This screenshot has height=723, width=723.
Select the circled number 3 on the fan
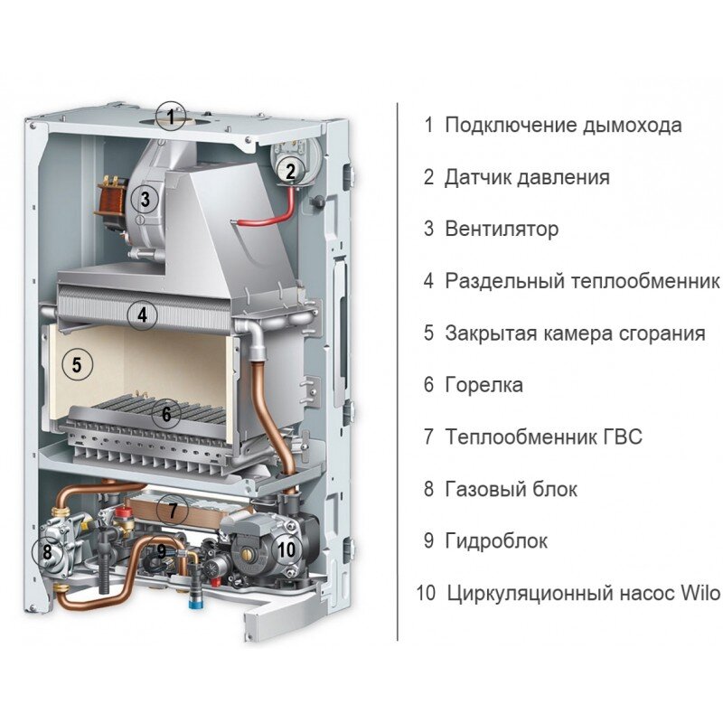click(145, 198)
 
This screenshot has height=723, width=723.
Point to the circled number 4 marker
click(141, 315)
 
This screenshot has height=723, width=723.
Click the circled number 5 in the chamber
click(77, 365)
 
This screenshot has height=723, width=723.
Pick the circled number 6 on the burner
click(165, 414)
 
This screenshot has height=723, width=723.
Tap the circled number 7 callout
click(172, 509)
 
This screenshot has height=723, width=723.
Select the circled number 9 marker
click(161, 549)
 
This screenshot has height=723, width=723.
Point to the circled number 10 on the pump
click(286, 548)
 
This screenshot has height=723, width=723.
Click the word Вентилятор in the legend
click(502, 229)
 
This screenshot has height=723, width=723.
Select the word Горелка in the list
click(484, 385)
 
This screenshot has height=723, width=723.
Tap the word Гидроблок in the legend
click(496, 541)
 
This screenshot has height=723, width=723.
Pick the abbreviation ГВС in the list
click(619, 437)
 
